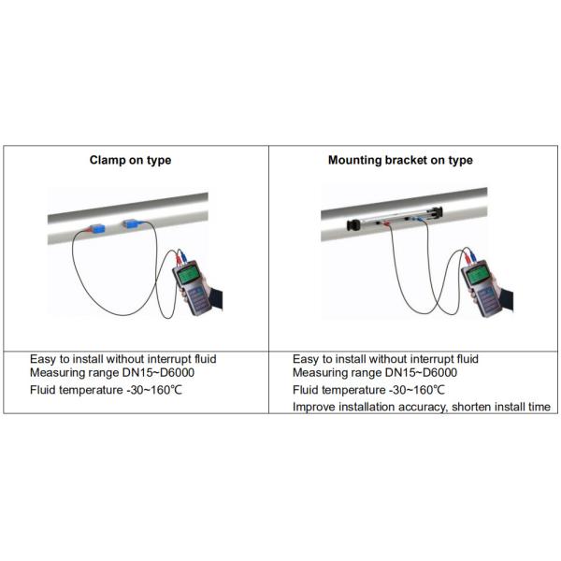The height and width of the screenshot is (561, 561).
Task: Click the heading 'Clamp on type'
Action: pos(130,160)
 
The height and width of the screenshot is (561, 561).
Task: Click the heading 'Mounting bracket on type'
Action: pos(400,160)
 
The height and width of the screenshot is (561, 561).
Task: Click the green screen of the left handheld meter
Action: pos(191,277)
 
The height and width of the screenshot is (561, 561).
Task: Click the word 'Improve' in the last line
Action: pos(313,407)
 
